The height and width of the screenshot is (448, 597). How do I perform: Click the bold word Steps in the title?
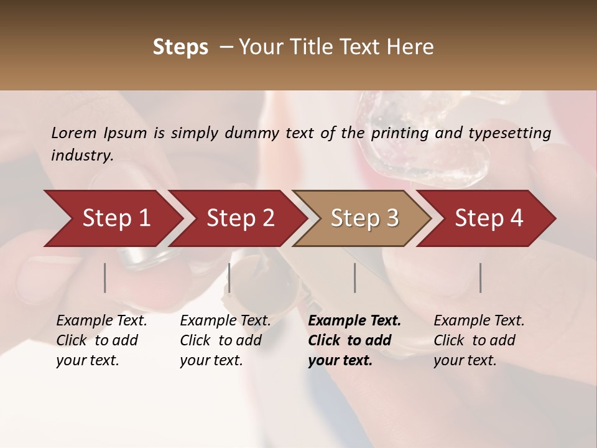coord(180,47)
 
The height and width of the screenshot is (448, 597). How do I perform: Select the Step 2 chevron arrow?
coord(240,218)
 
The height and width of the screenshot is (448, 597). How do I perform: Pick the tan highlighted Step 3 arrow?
coord(364,218)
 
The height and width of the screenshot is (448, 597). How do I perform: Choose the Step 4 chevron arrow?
coord(489,218)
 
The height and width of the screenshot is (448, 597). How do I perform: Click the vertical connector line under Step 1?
coord(105,278)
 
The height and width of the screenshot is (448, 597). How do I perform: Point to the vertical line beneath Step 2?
coord(229,278)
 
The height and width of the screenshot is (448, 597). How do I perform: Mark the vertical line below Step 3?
coord(355,278)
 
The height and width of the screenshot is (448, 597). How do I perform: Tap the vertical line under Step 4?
coord(480,278)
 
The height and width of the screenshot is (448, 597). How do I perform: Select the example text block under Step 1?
coord(101,340)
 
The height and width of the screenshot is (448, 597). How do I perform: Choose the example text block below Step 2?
coord(225,340)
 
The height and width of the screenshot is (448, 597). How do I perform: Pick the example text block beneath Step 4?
coord(479,340)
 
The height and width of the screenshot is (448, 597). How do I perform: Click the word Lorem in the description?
coord(74,133)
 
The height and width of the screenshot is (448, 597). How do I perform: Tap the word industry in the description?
coord(82,155)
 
